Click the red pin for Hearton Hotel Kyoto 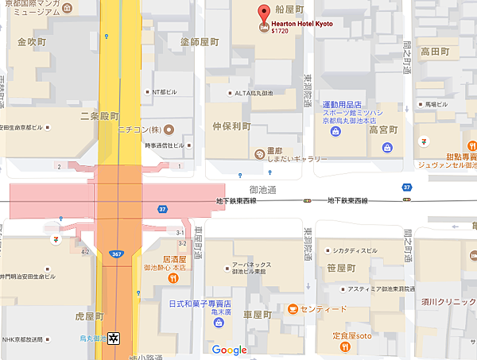[264, 14]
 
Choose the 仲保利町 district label [231, 126]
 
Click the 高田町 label [436, 51]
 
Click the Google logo [229, 350]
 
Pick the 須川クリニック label [448, 303]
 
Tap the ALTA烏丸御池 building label [254, 93]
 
